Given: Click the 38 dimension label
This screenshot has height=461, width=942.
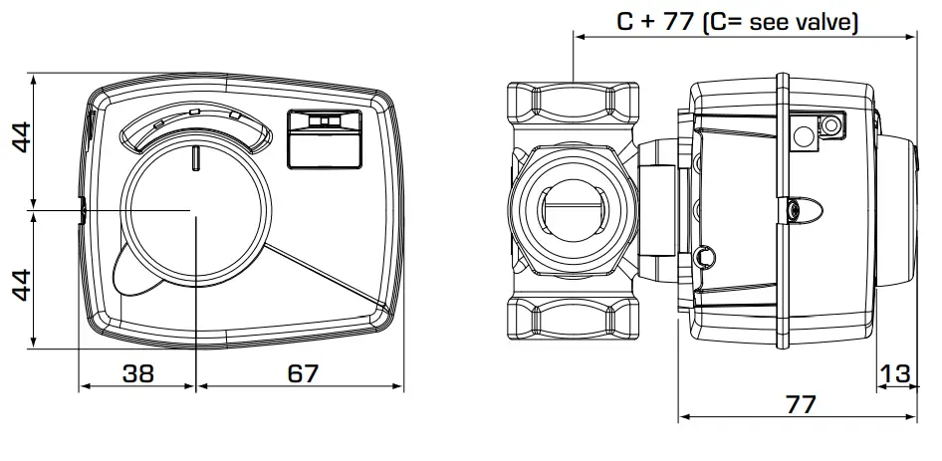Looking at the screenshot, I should (x=138, y=374).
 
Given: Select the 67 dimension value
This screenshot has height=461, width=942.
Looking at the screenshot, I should (x=300, y=374).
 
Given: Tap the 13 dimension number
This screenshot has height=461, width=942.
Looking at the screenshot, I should (x=896, y=374).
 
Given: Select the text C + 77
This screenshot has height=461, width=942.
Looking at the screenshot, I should (x=653, y=21).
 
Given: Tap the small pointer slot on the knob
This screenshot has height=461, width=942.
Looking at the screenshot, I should (x=196, y=157).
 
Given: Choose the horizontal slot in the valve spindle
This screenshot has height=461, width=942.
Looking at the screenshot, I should (x=571, y=211).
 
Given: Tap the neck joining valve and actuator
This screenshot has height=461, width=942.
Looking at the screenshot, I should (x=657, y=211).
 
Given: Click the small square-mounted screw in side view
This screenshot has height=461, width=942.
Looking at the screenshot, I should (x=827, y=124).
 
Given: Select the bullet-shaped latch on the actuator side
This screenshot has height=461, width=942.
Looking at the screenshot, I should (x=803, y=211).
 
